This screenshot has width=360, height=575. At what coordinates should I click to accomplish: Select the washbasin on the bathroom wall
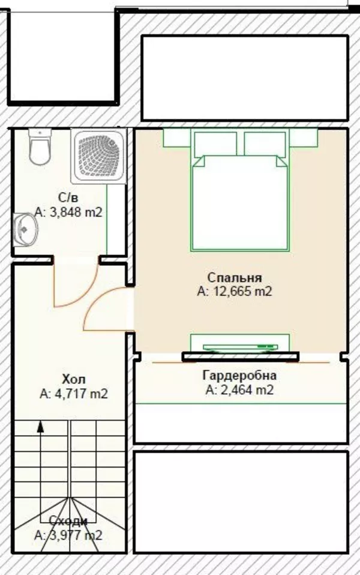click(x=25, y=230)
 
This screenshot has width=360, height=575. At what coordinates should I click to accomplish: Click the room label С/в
click(x=68, y=197)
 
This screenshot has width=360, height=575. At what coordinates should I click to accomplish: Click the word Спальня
click(x=235, y=277)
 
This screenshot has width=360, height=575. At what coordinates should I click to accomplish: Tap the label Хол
click(x=74, y=379)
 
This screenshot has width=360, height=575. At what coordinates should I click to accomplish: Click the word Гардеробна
click(x=240, y=376)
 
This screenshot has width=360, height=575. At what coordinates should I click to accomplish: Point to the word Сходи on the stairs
click(x=68, y=521)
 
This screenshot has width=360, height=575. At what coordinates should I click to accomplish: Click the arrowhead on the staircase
click(x=41, y=427)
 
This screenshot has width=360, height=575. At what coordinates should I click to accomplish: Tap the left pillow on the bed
click(x=215, y=144)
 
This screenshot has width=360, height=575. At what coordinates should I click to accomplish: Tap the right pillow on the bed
click(x=265, y=144)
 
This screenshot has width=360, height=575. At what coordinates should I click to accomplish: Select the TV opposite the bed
click(x=240, y=347)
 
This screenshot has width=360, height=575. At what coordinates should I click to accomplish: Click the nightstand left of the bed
click(x=177, y=137)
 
